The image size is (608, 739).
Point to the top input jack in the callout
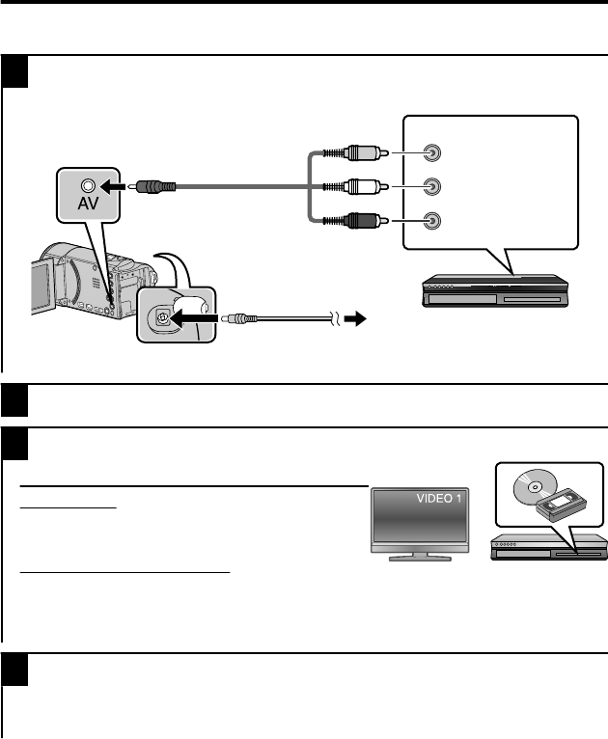point(433,152)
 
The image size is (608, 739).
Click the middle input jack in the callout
point(433,186)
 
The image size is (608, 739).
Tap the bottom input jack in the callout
point(433,221)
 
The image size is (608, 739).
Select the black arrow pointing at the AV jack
point(116,185)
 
